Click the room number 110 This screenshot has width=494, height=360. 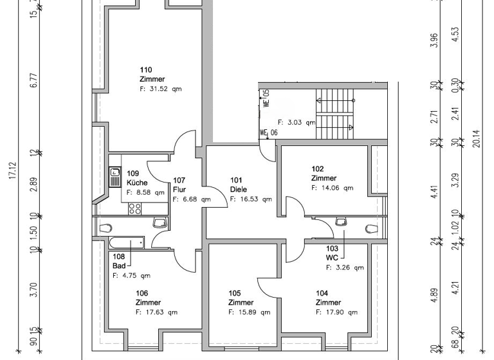146,69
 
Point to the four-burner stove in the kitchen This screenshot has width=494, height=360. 135,208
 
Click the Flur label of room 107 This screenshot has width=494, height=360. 179,190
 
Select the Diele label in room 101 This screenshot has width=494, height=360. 239,190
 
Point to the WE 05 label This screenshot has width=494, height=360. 266,98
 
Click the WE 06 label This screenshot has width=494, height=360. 268,133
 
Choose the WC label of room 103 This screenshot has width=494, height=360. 331,257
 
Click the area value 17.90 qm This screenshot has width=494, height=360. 337,312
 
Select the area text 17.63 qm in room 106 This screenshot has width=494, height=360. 156,312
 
